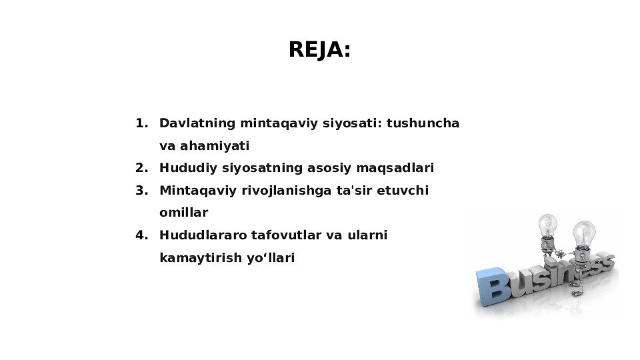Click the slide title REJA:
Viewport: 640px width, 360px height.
tap(319, 50)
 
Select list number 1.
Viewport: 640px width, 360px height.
tap(141, 123)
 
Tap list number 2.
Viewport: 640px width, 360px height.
tap(141, 168)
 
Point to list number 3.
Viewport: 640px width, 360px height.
tap(141, 191)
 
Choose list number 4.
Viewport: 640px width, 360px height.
tap(141, 235)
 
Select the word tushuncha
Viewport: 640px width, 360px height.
tap(423, 123)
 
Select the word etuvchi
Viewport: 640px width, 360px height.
tap(403, 191)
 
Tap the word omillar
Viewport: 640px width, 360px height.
tap(183, 213)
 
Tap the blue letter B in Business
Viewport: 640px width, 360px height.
tap(493, 289)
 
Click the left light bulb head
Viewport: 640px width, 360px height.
tap(548, 225)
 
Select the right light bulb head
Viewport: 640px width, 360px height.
tap(584, 233)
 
